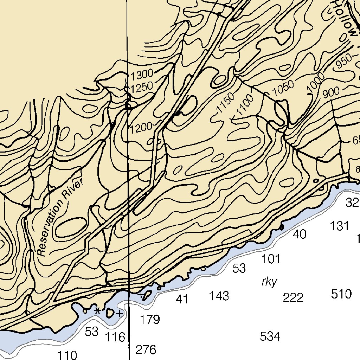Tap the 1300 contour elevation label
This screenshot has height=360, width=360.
pyautogui.click(x=142, y=75)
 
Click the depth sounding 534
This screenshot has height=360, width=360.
pyautogui.click(x=270, y=336)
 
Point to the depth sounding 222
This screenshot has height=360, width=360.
pyautogui.click(x=293, y=298)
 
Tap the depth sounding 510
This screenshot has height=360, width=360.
pyautogui.click(x=341, y=294)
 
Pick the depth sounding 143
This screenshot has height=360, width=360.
pyautogui.click(x=219, y=296)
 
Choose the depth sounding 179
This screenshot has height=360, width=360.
pyautogui.click(x=150, y=320)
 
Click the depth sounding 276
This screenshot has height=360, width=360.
pyautogui.click(x=146, y=350)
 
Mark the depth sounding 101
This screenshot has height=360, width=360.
pyautogui.click(x=271, y=259)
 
